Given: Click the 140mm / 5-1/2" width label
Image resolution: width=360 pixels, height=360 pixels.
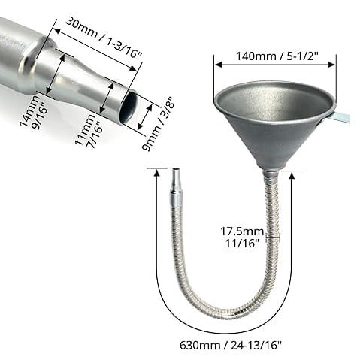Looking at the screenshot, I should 274,56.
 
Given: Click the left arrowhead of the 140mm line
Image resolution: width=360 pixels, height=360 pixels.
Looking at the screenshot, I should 217,65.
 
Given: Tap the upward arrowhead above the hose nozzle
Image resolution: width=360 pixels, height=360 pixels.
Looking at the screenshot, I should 156,174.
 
